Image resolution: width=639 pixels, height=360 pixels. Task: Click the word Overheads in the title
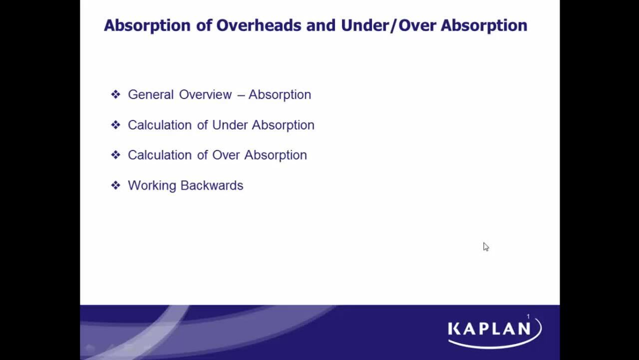259,25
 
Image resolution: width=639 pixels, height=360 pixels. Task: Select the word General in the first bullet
151,95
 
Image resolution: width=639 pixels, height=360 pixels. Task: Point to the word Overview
205,95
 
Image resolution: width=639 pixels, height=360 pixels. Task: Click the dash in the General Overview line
241,95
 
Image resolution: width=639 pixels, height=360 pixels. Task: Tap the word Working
152,186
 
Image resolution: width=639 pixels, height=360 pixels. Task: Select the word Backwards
212,186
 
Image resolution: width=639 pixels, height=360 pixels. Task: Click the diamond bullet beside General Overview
116,94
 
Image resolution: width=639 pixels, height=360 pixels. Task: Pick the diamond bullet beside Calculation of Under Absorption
116,125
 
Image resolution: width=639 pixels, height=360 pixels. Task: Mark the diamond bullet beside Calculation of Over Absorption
116,155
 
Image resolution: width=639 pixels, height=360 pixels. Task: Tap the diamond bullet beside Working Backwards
116,185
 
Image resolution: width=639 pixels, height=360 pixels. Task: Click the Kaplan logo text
489,329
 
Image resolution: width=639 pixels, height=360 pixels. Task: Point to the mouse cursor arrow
485,246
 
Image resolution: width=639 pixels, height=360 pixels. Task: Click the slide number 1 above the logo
528,317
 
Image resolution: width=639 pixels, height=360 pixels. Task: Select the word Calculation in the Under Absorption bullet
160,125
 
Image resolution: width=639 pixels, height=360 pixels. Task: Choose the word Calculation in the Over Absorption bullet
160,155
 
